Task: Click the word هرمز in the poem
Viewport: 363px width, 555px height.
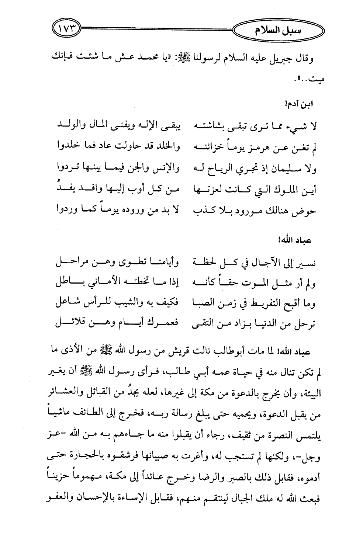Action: click(257, 149)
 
